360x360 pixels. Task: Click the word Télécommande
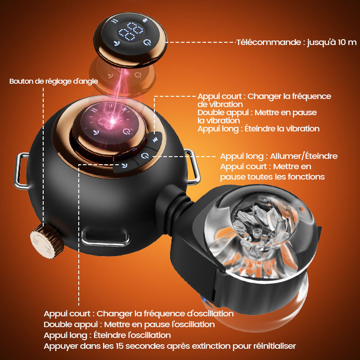(269, 42)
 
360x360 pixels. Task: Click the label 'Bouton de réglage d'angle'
(54, 81)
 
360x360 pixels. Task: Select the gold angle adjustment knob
(47, 241)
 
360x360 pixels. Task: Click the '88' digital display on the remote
(131, 31)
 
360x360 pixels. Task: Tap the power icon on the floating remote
(147, 42)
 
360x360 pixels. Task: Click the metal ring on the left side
(21, 171)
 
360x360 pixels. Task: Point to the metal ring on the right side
(192, 166)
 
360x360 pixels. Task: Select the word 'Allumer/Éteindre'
(303, 156)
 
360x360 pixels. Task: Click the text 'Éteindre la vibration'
(282, 129)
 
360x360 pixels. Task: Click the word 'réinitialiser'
(274, 346)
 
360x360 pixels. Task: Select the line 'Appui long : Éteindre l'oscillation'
(107, 335)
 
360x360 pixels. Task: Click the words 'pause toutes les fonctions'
(272, 177)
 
